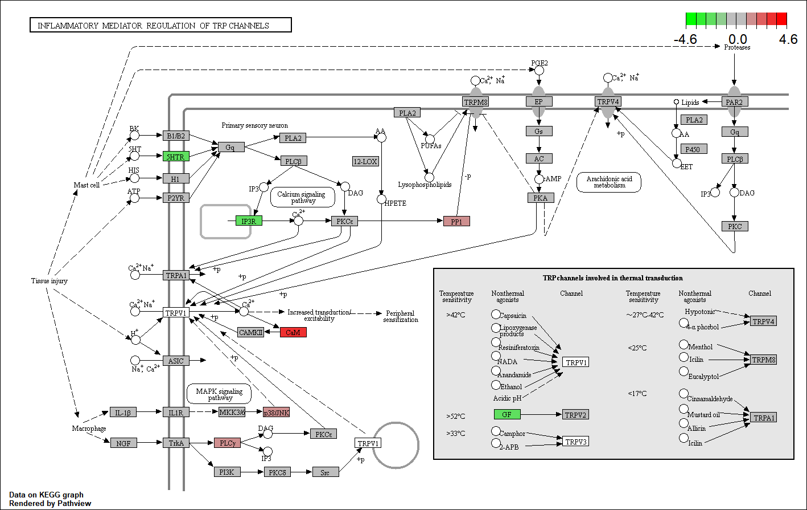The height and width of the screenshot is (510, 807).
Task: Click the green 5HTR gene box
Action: pos(176,156)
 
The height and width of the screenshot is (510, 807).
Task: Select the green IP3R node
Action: pos(249,221)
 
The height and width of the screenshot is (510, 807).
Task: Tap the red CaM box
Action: pos(293,332)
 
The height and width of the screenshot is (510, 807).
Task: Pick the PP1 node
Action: pos(456,221)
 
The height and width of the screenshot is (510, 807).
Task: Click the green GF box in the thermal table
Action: pos(507,414)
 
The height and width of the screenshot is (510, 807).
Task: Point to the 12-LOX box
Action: pos(365,161)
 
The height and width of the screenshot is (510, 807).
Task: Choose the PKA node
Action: pos(541,198)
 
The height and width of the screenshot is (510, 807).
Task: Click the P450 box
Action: pos(694,149)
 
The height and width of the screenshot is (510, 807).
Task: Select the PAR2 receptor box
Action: pos(735,101)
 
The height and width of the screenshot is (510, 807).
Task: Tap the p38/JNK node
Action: pos(276,412)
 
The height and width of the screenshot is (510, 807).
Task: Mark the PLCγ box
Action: pos(227,442)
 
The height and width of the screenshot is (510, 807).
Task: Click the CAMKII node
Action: pos(251,332)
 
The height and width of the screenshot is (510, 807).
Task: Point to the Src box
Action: pos(326,472)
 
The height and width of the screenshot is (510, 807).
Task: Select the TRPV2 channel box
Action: pos(575,415)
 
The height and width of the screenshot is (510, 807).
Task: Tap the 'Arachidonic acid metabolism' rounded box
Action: pos(609,182)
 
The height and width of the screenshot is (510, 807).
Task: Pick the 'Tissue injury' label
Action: pos(50,281)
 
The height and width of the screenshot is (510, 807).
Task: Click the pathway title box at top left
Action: pos(160,25)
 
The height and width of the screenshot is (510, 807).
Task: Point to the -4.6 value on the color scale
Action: pos(685,40)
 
